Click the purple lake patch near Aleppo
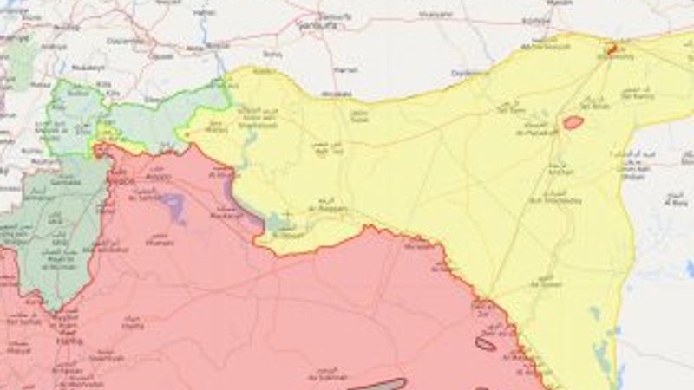point(173,206)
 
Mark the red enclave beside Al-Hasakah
point(573,123)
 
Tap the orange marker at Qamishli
point(612,50)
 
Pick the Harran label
point(345,67)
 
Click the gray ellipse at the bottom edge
point(377,384)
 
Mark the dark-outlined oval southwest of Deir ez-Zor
point(486,344)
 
